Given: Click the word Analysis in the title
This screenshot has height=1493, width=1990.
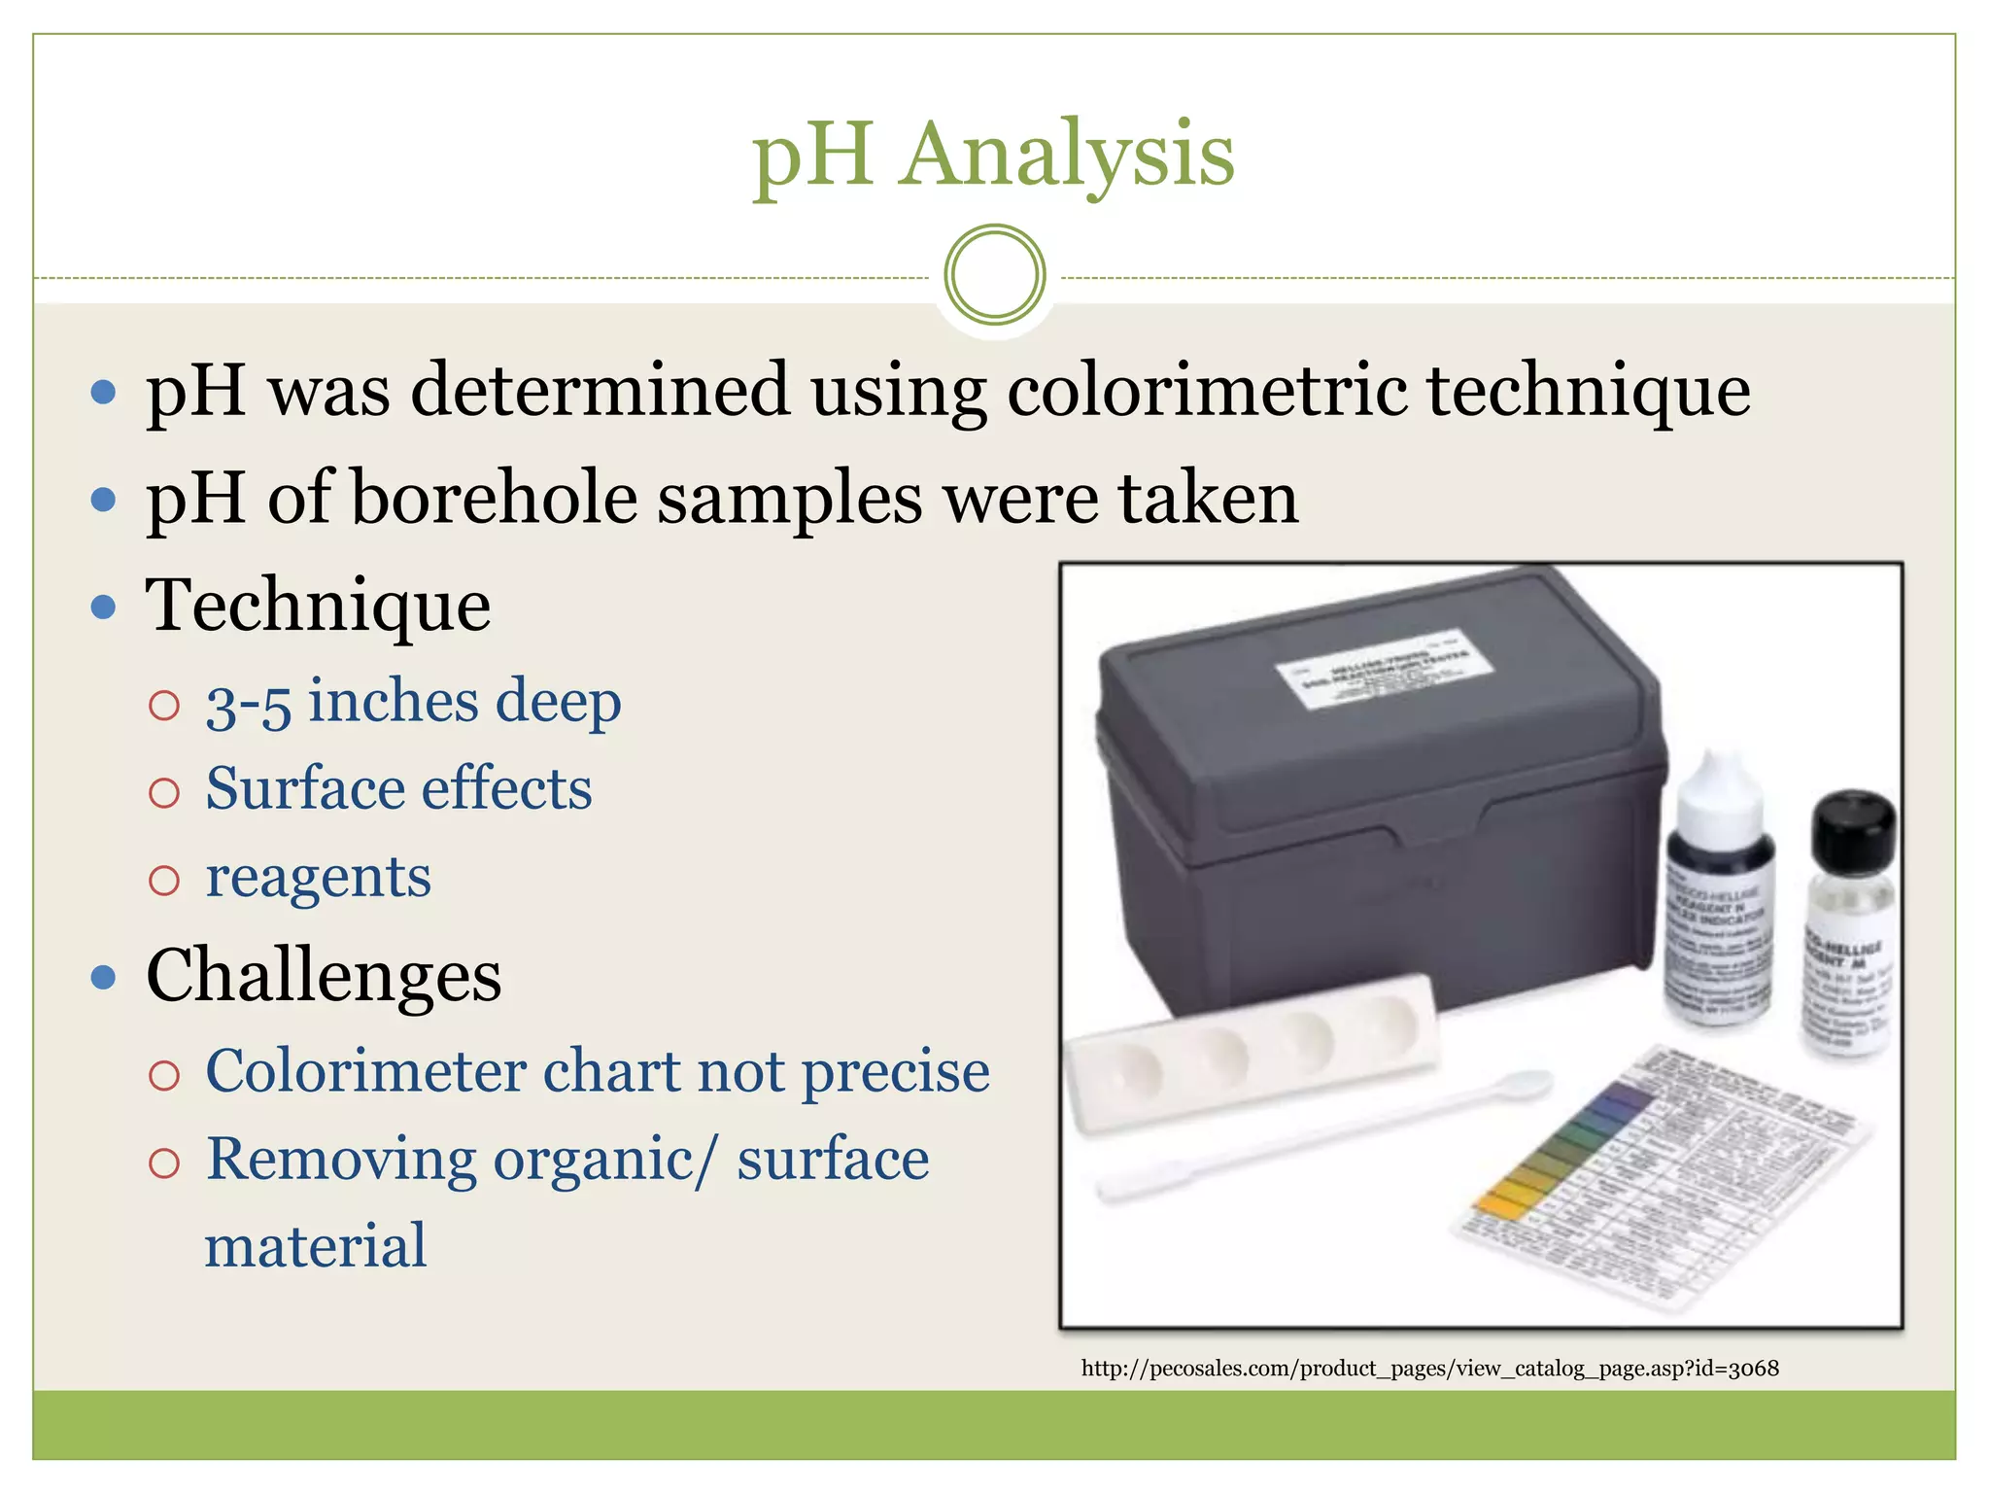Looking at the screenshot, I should [1067, 156].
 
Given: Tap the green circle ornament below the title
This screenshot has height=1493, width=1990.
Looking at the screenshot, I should [995, 275].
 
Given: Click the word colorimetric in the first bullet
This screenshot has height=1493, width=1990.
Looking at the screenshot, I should [1207, 391].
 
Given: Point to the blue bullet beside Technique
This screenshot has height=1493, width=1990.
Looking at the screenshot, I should [103, 608].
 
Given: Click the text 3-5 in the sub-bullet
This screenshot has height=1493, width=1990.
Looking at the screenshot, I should [249, 704].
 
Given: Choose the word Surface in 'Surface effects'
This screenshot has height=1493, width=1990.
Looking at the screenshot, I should [303, 788].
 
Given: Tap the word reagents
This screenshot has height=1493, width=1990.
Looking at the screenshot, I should [318, 879].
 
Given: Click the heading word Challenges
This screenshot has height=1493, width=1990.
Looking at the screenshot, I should [324, 976].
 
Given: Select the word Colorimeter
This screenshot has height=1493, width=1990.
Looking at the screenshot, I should [366, 1072].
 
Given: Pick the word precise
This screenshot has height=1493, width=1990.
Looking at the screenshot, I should [895, 1072].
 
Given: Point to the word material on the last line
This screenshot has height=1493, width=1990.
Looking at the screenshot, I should [316, 1247].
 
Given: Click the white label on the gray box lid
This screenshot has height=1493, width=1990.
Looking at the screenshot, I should [1384, 671].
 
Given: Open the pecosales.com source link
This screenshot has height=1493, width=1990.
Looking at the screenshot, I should [1429, 1369].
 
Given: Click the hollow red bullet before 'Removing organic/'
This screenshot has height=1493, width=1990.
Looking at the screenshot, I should [164, 1163].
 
